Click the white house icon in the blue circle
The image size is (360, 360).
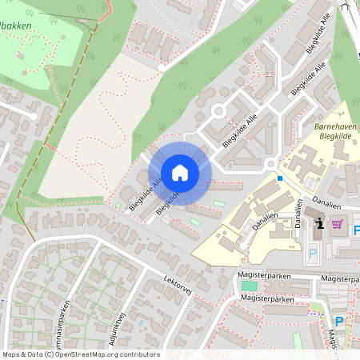coord(180,173)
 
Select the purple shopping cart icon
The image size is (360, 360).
coord(338,224)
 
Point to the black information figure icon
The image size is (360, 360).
coord(320,223)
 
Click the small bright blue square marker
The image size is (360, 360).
coord(280,178)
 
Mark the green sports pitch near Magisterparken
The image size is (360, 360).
coord(250,286)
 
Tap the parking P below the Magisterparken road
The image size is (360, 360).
coord(339,322)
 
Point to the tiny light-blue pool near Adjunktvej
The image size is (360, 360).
coord(141,322)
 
